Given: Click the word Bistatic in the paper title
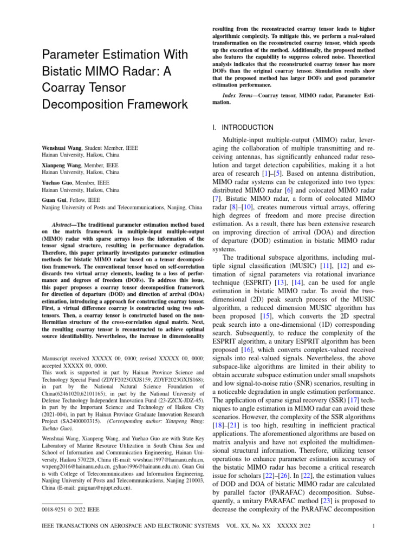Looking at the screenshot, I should (61, 71).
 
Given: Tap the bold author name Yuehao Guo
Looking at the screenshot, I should (58, 183).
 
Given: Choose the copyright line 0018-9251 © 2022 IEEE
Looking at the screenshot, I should (70, 509).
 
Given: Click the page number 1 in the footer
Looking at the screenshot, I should (373, 526).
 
